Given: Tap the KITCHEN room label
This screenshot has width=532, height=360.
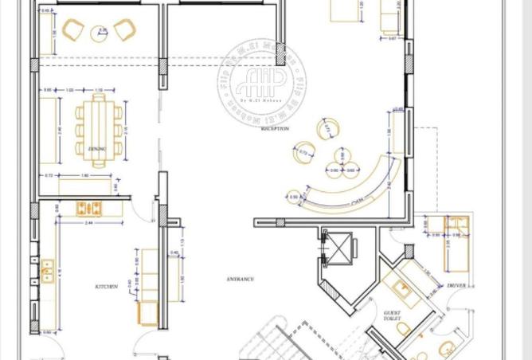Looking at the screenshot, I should coord(107,286).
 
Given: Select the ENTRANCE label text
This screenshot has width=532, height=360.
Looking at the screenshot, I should coord(241,280).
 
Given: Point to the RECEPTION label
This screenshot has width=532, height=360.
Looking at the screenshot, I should coord(275,127).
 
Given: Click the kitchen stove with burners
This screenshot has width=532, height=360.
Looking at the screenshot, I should coord(88,209).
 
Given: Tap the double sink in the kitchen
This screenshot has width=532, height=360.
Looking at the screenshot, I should coord(47,270).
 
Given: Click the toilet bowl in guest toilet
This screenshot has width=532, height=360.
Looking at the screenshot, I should coord(402,328).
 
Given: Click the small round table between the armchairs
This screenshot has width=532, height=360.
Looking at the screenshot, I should coord(101,32).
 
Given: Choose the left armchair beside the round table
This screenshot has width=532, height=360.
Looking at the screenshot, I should coord(72,31).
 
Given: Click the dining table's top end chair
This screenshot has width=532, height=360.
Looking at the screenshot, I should coord(99,97).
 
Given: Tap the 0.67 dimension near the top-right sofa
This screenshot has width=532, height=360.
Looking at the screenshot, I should coord(393,37).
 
